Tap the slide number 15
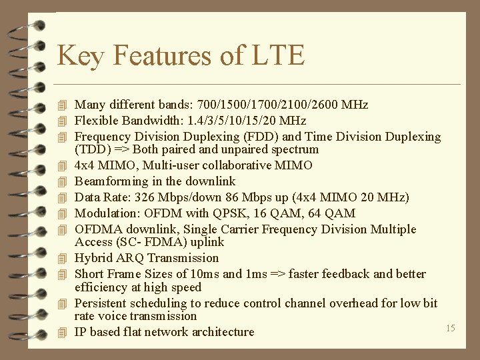(x=450, y=328)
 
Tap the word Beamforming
(x=107, y=181)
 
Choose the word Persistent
(x=101, y=303)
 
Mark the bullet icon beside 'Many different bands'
(x=63, y=105)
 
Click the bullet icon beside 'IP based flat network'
(x=63, y=333)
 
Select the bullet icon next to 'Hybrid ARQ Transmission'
(x=63, y=259)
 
